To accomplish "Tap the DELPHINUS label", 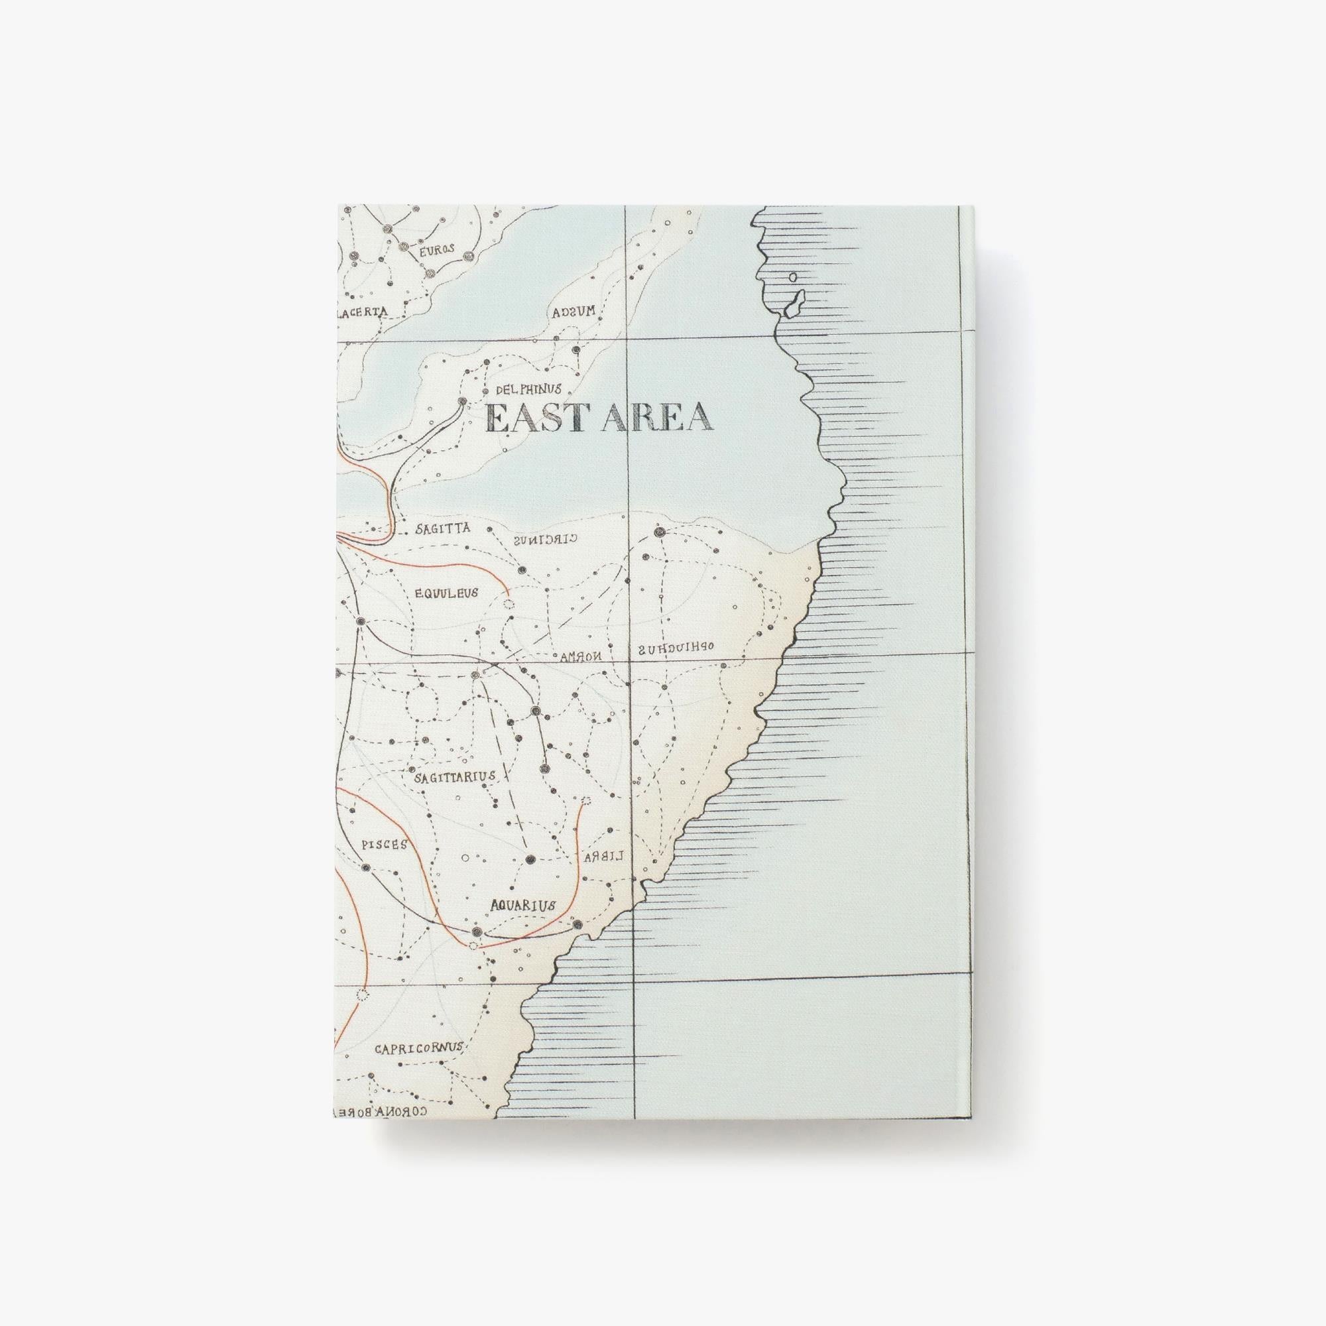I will pyautogui.click(x=528, y=389).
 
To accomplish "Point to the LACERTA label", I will pyautogui.click(x=361, y=312).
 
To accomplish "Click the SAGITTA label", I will pyautogui.click(x=443, y=529).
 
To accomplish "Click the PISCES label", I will pyautogui.click(x=385, y=844).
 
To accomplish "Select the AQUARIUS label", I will pyautogui.click(x=522, y=905).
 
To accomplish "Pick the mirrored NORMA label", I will pyautogui.click(x=581, y=656).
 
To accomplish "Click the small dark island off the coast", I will pyautogui.click(x=794, y=304).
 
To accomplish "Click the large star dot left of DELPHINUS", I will pyautogui.click(x=463, y=401).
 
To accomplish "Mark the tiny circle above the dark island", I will pyautogui.click(x=793, y=277).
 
